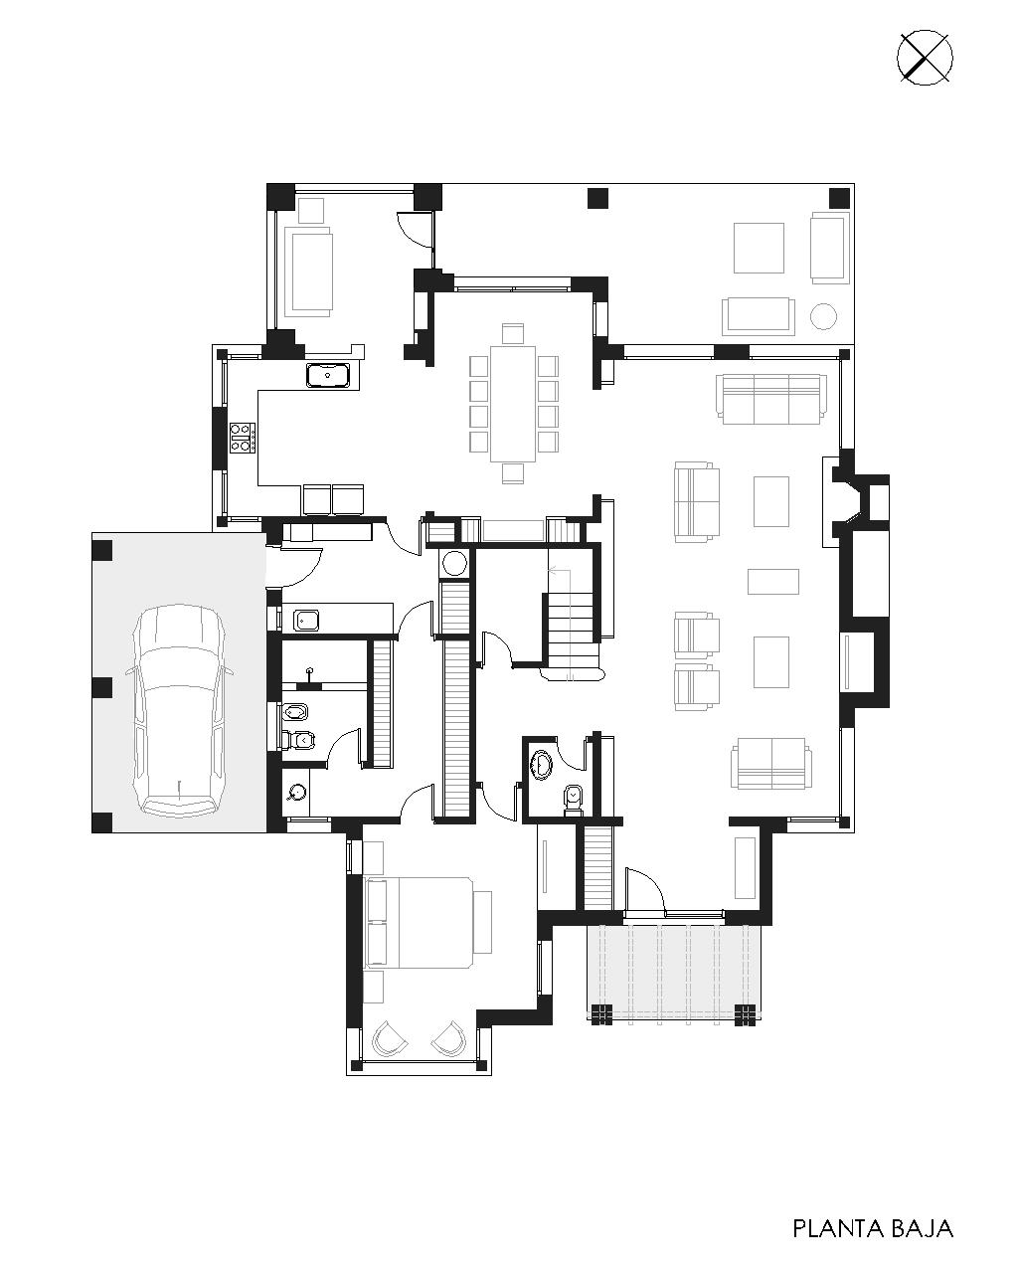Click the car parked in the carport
179,710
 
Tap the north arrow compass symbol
925,59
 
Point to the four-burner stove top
244,438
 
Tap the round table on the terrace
822,315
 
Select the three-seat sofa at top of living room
770,398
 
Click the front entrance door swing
646,889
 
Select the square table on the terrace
759,248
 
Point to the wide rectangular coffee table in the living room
773,581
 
